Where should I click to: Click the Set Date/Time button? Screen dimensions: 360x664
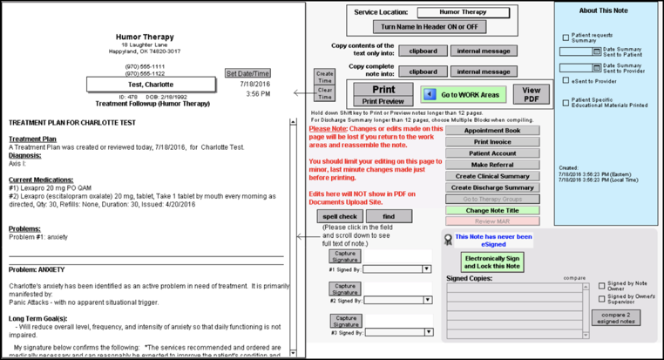coord(247,73)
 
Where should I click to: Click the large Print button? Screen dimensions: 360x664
coord(385,89)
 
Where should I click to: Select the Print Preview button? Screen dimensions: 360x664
coord(385,101)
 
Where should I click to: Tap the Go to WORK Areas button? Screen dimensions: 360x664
coord(462,94)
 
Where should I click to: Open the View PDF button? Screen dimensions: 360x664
coord(531,94)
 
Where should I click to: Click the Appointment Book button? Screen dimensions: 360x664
coord(492,131)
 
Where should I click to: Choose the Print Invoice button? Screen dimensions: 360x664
coord(492,142)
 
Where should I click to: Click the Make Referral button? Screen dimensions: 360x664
coord(492,165)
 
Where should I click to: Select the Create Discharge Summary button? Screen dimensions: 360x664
coord(492,187)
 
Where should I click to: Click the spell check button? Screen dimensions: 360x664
coord(340,216)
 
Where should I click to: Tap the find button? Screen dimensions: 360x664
coord(390,216)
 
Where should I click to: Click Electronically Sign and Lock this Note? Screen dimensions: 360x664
coord(492,262)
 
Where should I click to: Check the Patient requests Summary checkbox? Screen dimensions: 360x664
coord(566,37)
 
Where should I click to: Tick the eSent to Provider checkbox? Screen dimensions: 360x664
coord(566,81)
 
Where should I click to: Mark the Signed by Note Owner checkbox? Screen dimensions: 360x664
coord(601,285)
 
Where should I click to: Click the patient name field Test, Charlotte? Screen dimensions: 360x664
coord(152,85)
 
